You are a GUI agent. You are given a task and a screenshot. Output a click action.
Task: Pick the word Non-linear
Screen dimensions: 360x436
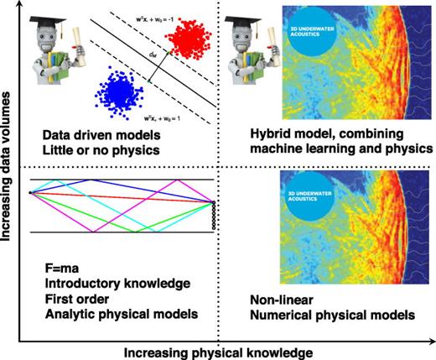pyautogui.click(x=279, y=300)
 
